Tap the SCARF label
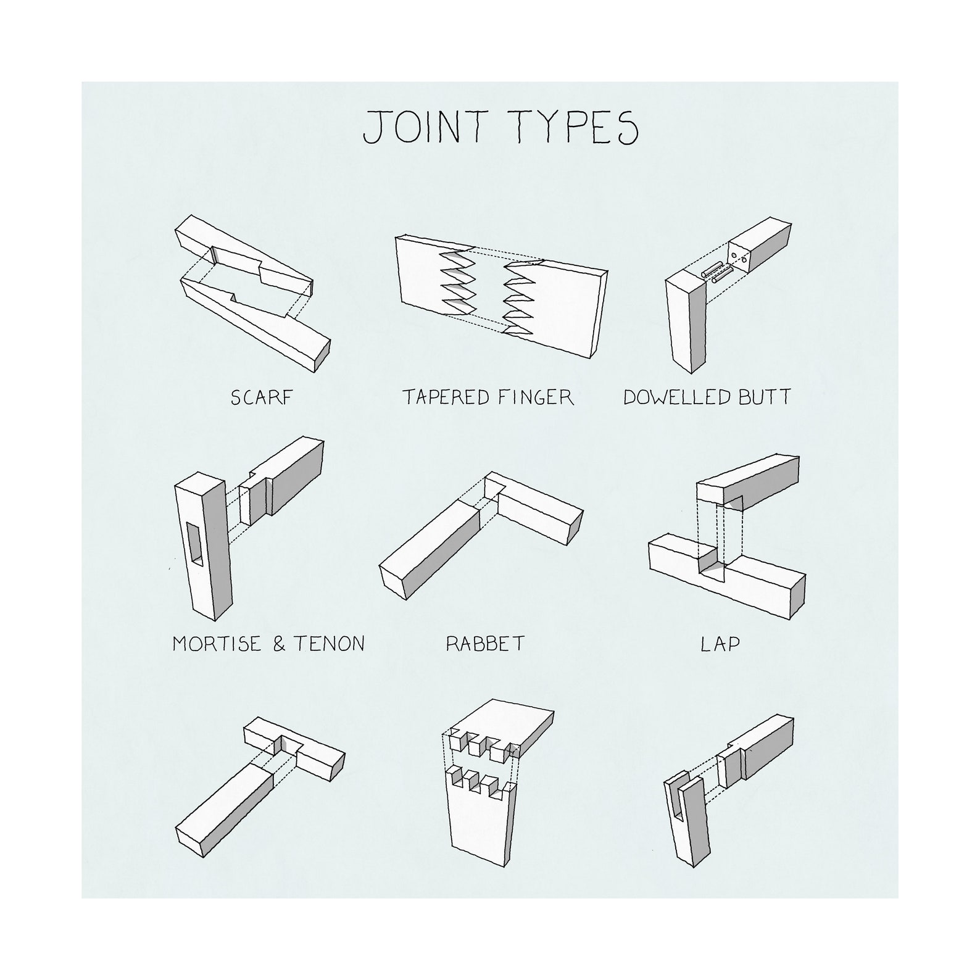pos(260,397)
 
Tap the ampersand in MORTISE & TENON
pos(279,644)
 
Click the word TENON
pos(328,644)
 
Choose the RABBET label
pos(485,644)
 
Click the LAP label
pos(720,644)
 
